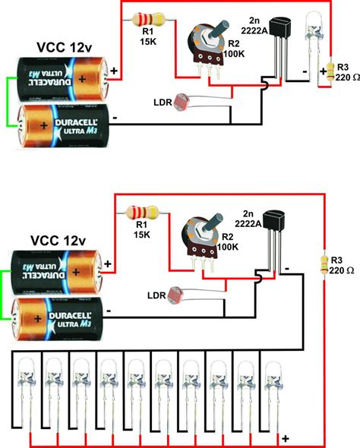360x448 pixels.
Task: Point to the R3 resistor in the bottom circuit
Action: click(x=327, y=265)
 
